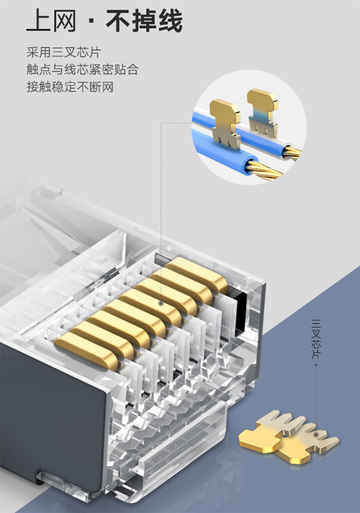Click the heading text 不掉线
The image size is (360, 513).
tap(144, 21)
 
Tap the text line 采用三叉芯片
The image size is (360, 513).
tap(64, 52)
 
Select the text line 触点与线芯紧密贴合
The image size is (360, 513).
tap(83, 70)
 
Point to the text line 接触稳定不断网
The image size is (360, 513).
tap(70, 87)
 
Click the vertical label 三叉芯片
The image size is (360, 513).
tap(316, 339)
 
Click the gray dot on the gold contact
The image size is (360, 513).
tap(161, 304)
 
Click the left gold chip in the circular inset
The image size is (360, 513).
tap(225, 123)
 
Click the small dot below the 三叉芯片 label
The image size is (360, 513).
tap(316, 363)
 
